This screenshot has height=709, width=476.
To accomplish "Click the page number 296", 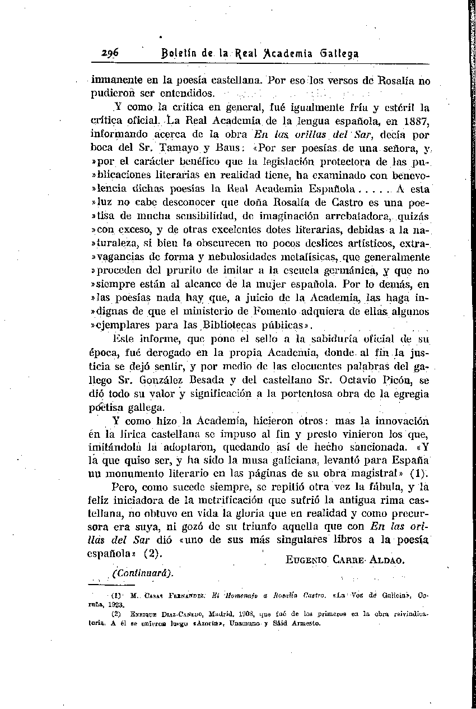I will [x=113, y=53].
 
